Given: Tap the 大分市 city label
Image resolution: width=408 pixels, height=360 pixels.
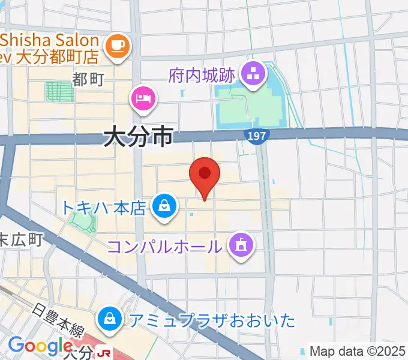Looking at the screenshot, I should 138,137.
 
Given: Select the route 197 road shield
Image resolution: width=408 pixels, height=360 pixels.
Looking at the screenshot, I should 256,137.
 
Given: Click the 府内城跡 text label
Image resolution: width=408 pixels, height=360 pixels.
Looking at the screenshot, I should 204,76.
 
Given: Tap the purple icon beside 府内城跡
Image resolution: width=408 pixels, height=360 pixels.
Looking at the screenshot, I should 253,74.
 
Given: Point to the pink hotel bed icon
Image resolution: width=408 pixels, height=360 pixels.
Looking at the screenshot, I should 144,97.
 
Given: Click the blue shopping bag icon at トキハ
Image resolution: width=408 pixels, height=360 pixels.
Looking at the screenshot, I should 163,206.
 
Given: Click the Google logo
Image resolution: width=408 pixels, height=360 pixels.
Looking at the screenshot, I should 40,346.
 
